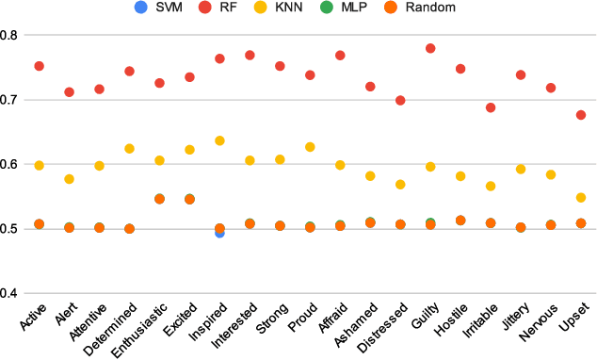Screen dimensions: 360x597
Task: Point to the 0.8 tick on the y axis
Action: [x=12, y=35]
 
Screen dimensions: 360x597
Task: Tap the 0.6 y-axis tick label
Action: [x=12, y=165]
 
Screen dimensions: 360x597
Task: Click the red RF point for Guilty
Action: [x=430, y=48]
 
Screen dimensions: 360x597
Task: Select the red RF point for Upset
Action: [x=581, y=115]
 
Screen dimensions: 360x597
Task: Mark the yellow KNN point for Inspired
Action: [x=219, y=140]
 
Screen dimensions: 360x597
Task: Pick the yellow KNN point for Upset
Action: [x=581, y=198]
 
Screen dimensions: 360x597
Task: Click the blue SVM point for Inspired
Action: [x=219, y=232]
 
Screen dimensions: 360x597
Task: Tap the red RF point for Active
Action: [x=39, y=66]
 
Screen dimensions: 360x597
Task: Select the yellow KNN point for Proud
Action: [x=310, y=147]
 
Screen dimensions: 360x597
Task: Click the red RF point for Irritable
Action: [x=491, y=107]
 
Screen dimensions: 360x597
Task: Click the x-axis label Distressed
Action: [x=387, y=327]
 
